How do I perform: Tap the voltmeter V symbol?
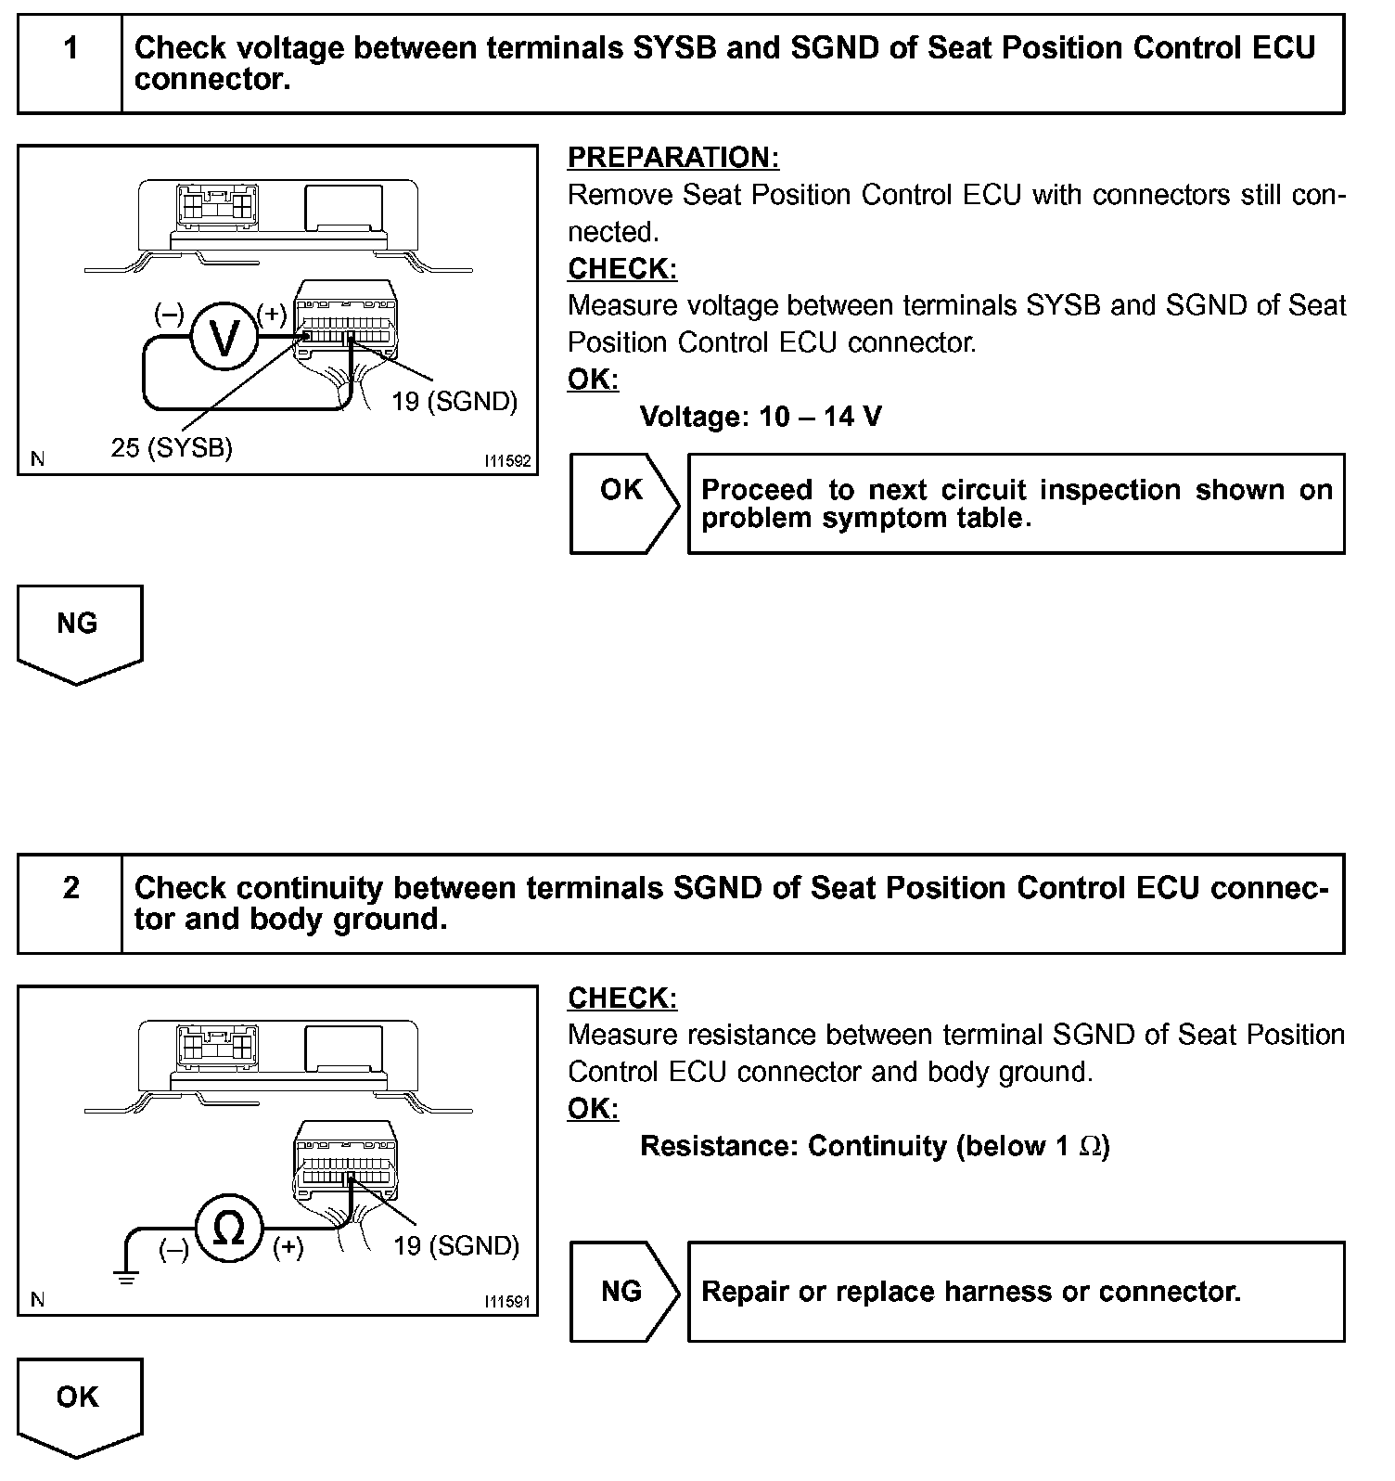click(x=224, y=340)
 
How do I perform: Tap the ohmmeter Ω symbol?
click(x=229, y=1230)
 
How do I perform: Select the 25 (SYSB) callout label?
click(x=172, y=448)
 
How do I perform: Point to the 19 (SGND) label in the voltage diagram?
click(x=454, y=402)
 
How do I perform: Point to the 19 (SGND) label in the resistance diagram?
click(x=456, y=1245)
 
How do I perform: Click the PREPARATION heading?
click(x=673, y=158)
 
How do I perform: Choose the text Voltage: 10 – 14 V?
click(x=761, y=417)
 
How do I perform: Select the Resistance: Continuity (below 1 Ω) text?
click(x=875, y=1146)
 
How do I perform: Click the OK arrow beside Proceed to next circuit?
click(x=623, y=504)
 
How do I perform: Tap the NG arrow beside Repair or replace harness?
click(x=623, y=1291)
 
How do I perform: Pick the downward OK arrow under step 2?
click(x=79, y=1407)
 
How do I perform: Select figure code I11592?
click(x=507, y=460)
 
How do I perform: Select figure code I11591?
click(x=507, y=1302)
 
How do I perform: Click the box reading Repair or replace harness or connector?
click(x=1016, y=1291)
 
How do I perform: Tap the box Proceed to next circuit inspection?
click(x=1016, y=504)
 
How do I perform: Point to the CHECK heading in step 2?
click(x=622, y=998)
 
